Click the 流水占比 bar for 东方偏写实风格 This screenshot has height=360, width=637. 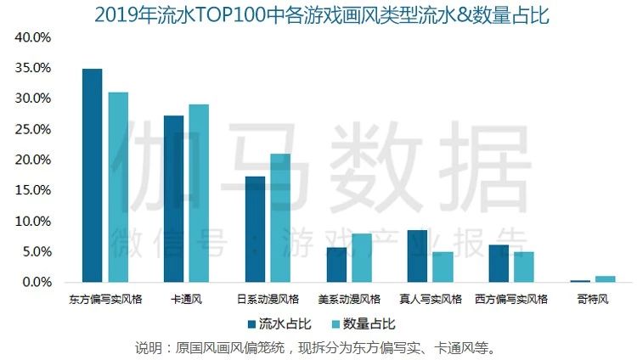(92, 175)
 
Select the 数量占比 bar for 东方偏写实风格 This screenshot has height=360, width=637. (118, 187)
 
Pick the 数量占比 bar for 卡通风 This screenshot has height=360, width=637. (199, 193)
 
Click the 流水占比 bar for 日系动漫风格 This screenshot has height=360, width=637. (255, 228)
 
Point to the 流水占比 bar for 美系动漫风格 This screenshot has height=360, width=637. (336, 264)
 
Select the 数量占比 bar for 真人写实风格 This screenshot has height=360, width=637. (443, 266)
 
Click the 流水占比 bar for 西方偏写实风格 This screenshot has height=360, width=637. (499, 262)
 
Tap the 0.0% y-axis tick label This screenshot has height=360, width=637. (37, 282)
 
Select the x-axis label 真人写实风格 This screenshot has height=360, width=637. (431, 299)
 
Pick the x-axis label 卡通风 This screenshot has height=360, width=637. (186, 299)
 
